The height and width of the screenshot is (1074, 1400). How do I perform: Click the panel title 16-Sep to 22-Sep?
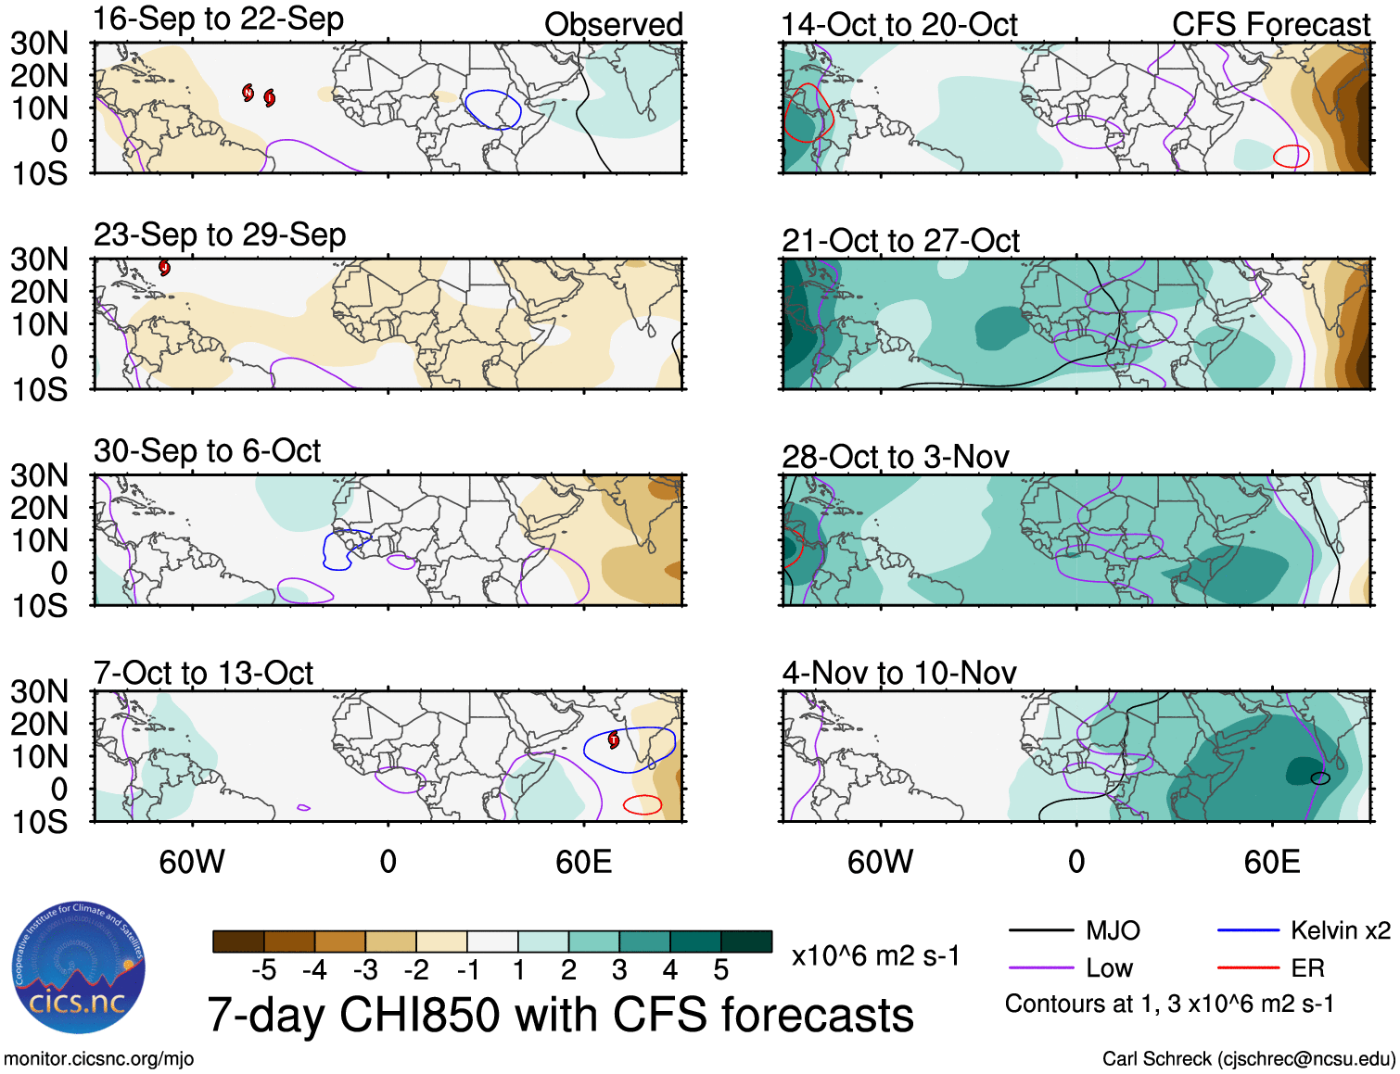219,19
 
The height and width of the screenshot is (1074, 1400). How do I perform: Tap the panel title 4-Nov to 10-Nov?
899,673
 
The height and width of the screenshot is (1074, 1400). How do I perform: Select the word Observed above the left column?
613,24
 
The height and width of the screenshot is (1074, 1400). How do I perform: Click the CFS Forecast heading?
1270,24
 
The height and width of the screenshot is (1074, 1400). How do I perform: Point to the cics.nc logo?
79,968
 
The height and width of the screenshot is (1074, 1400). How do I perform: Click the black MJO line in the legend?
1040,930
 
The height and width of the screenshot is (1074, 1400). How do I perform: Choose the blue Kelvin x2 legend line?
1248,930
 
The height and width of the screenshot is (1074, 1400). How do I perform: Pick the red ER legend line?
1248,968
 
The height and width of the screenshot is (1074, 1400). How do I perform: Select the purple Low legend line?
1040,968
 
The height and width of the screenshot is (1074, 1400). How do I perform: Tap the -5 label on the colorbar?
263,970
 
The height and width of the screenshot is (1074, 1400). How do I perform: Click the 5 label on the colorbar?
720,970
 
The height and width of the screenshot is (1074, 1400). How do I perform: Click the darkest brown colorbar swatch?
238,941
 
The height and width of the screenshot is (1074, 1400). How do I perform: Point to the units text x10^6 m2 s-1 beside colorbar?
875,955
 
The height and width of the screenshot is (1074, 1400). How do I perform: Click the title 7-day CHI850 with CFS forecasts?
560,1015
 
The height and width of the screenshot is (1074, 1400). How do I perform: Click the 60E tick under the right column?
1271,863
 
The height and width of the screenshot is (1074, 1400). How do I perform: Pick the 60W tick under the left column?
192,863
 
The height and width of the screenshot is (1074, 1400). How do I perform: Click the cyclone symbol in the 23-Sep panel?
164,268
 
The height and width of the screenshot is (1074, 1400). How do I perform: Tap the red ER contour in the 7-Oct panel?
642,804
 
